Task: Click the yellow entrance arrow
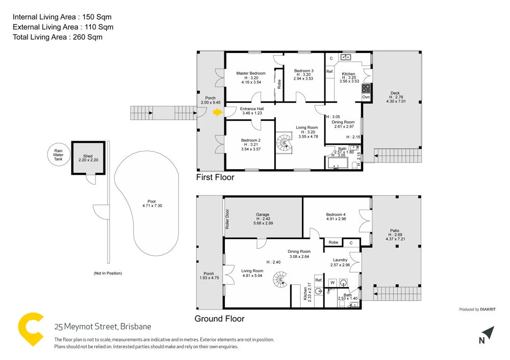tap(218, 112)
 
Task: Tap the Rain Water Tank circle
tap(59, 155)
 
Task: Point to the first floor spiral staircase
tap(285, 142)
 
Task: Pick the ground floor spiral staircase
tap(280, 279)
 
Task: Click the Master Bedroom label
tap(250, 73)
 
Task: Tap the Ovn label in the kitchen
tap(366, 97)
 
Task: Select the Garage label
tap(263, 215)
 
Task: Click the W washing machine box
tap(332, 282)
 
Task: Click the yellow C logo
tap(30, 330)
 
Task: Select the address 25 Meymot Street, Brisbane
tap(103, 326)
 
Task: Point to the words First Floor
tap(215, 177)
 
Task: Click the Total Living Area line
tap(58, 37)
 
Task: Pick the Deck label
tap(395, 93)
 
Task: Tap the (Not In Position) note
tap(108, 273)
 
